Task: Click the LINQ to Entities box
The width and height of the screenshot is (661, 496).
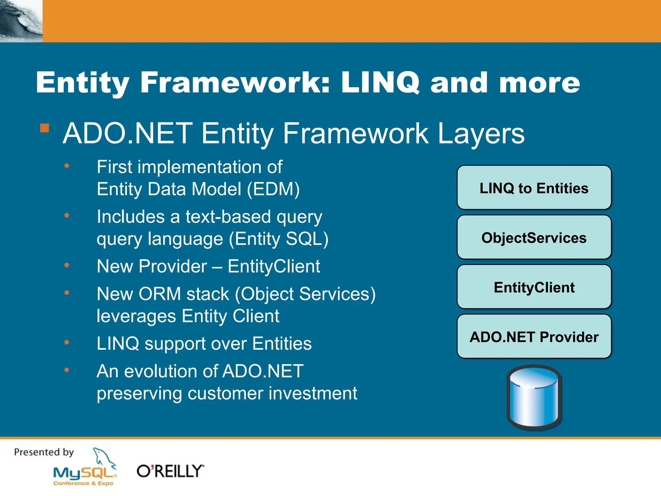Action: tap(534, 188)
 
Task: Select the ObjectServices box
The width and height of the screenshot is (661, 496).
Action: tap(534, 238)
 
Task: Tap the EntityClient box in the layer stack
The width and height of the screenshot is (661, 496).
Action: tap(534, 287)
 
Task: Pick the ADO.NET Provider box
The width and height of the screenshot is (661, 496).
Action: tap(534, 337)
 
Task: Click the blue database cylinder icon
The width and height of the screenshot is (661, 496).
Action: tap(534, 397)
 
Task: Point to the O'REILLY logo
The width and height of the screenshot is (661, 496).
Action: tap(170, 471)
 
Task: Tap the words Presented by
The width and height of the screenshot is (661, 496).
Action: tap(44, 452)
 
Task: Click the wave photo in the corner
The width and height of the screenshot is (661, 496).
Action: tap(21, 21)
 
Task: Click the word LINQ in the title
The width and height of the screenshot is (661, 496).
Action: tap(380, 83)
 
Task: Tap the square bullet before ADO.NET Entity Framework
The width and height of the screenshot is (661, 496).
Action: tap(45, 128)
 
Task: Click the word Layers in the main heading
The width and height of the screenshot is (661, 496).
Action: tap(481, 133)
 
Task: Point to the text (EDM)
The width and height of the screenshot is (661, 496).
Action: tap(273, 189)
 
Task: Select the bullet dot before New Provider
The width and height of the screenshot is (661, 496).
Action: tap(67, 265)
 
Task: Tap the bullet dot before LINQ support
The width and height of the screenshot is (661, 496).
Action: tap(67, 342)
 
